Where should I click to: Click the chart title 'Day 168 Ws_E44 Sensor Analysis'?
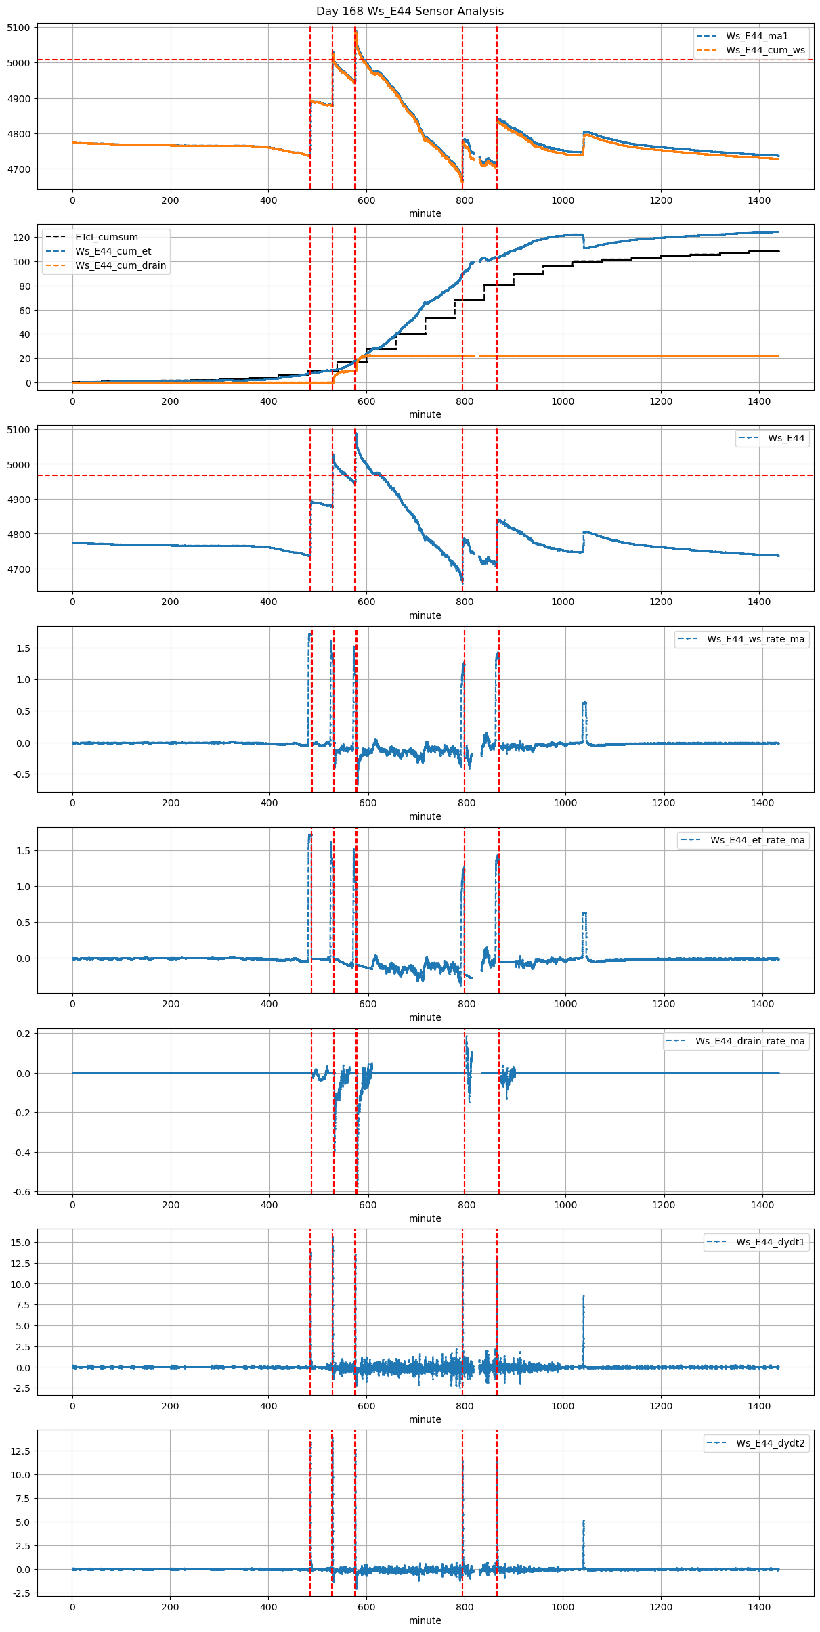click(410, 11)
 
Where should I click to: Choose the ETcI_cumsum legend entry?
click(106, 237)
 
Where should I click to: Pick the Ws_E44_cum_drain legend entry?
click(120, 265)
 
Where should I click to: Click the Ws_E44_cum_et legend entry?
click(113, 251)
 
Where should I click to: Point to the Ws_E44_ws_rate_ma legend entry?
click(756, 639)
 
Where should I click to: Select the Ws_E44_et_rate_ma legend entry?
click(757, 840)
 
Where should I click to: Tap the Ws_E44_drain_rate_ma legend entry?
click(750, 1041)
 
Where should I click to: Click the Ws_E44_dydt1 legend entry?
click(770, 1242)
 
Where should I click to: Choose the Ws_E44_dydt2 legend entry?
click(770, 1443)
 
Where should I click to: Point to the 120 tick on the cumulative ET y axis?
click(22, 238)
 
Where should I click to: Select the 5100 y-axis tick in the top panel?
click(18, 28)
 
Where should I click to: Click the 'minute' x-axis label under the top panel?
click(425, 213)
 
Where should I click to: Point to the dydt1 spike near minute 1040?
click(584, 1297)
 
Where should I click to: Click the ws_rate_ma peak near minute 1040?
click(584, 703)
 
